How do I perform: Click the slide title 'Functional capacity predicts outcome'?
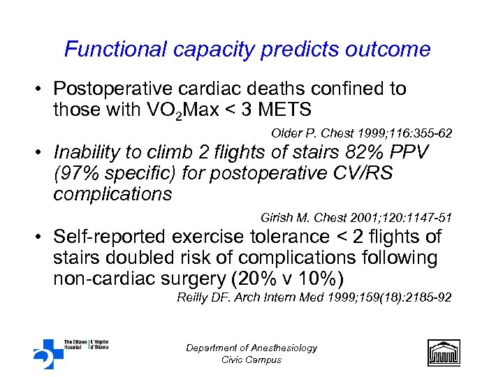247,50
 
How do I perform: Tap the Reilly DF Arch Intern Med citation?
314,297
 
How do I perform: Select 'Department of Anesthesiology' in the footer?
251,348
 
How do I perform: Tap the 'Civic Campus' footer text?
251,360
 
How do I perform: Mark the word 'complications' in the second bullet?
112,193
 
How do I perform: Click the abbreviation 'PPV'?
411,153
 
